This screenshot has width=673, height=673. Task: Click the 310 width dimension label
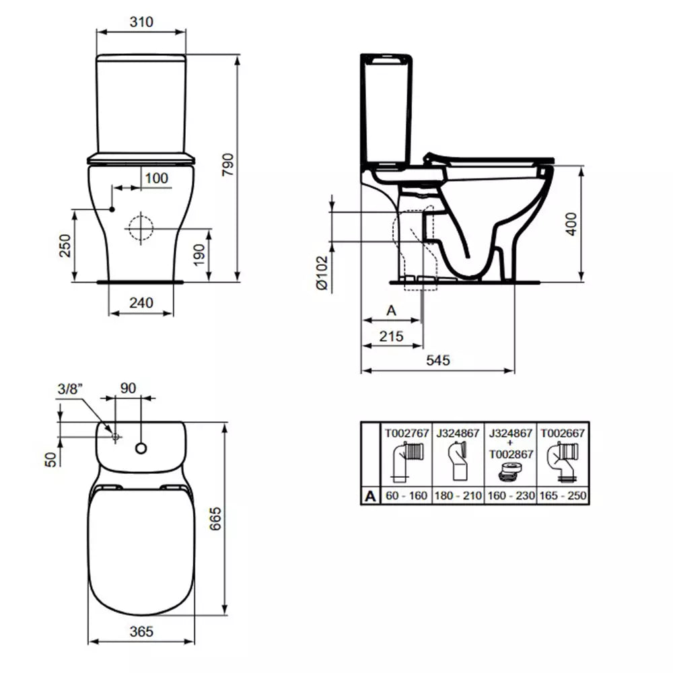(141, 22)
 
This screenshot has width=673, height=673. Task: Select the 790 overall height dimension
(228, 164)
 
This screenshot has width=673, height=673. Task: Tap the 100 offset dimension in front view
(156, 178)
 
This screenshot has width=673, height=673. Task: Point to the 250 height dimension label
(65, 246)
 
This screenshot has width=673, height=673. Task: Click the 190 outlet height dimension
(199, 255)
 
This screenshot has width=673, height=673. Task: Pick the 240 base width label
(141, 303)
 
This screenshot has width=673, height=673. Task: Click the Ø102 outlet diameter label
(322, 273)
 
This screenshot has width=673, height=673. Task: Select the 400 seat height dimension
(571, 223)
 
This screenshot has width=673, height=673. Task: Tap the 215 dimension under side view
(391, 336)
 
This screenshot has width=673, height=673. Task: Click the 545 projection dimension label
(438, 360)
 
